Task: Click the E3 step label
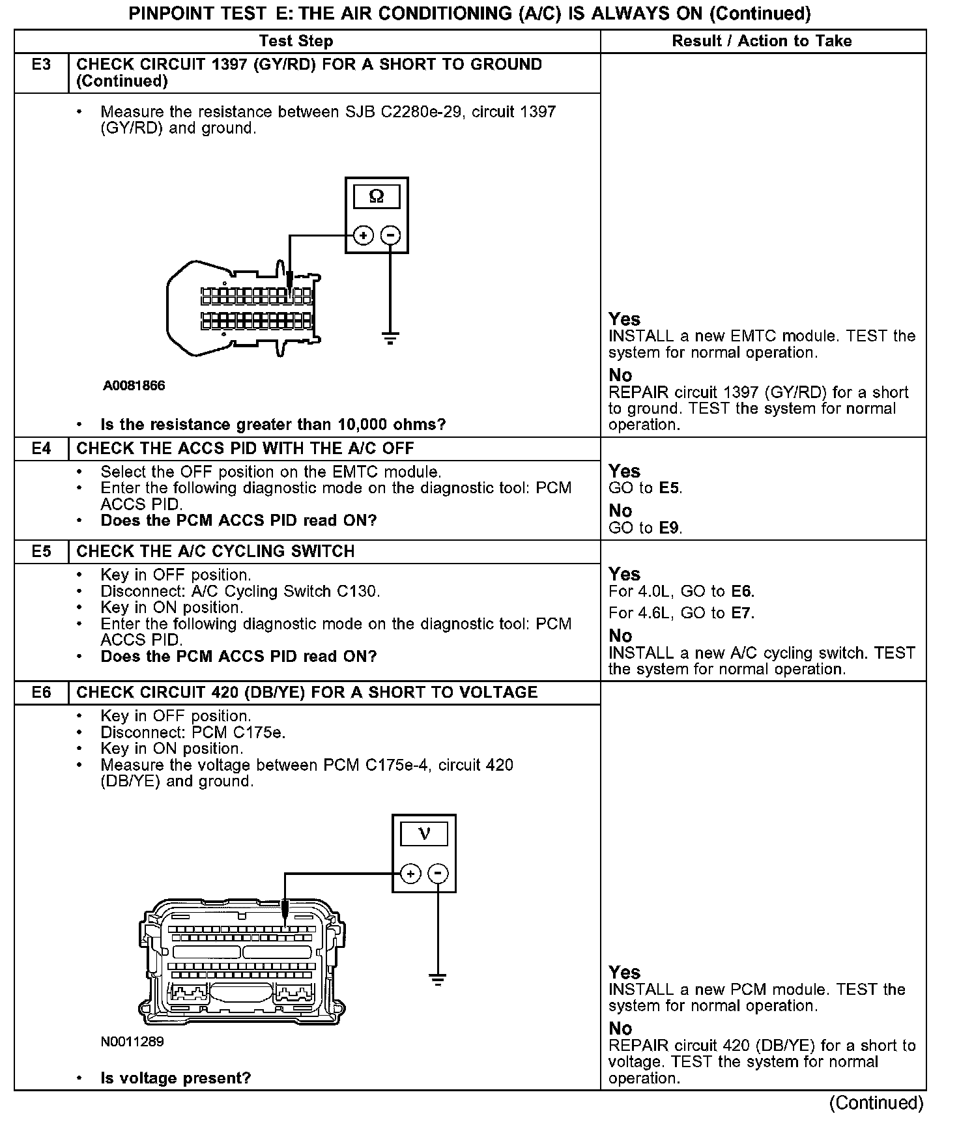click(41, 64)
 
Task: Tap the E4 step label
click(41, 448)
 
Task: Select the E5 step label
click(41, 551)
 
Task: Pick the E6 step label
click(41, 692)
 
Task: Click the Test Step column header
click(296, 41)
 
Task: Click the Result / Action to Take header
click(762, 41)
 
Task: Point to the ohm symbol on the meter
click(376, 196)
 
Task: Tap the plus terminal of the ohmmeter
click(363, 235)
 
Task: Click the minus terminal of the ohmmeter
click(390, 235)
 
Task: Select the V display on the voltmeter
click(424, 834)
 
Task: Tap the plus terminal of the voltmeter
click(410, 874)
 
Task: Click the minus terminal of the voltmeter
click(438, 874)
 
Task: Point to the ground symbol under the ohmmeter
click(390, 338)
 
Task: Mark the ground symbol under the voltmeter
click(438, 979)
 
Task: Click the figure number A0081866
click(134, 386)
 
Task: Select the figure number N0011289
click(132, 1042)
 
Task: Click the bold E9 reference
click(670, 528)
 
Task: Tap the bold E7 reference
click(741, 613)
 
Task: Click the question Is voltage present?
click(176, 1078)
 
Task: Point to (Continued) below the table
click(876, 1102)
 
